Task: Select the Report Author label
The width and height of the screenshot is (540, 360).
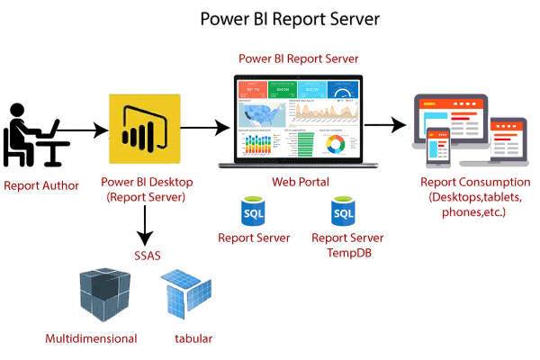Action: coord(41,186)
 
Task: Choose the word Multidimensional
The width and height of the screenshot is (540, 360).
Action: coord(92,339)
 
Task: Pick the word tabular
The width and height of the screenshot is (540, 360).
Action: coord(193,339)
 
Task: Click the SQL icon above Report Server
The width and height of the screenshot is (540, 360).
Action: coord(254,212)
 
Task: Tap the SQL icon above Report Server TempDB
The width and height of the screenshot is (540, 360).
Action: coord(342,212)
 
